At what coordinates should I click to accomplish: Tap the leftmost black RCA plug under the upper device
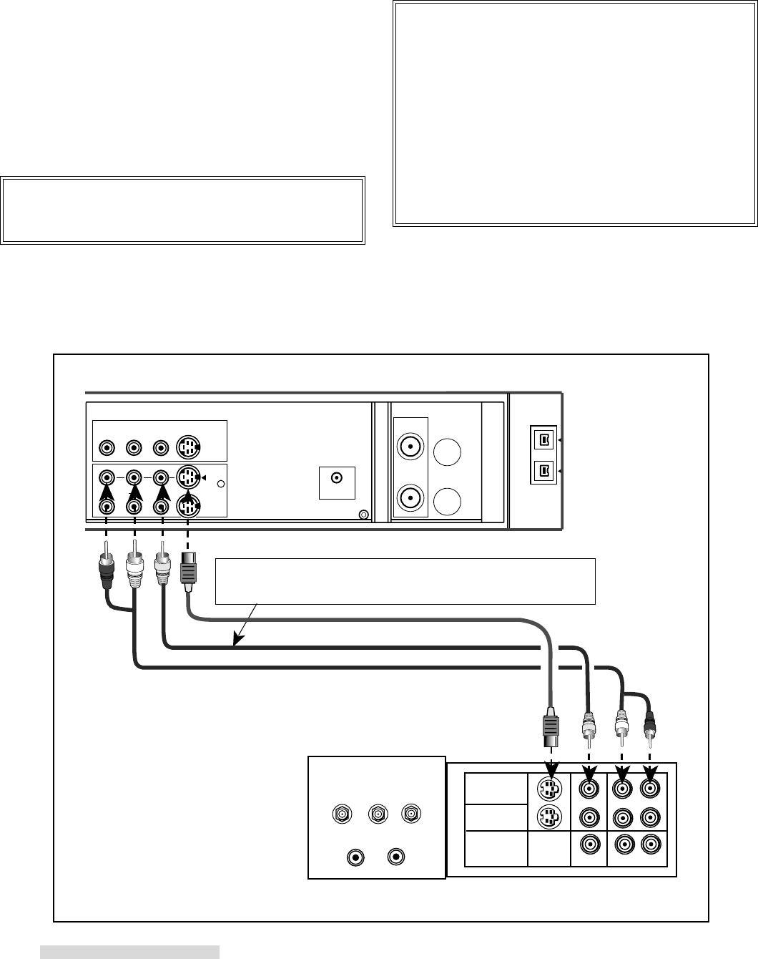pyautogui.click(x=106, y=565)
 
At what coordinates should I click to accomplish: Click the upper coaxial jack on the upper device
pyautogui.click(x=410, y=448)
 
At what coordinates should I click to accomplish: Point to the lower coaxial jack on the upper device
pyautogui.click(x=410, y=497)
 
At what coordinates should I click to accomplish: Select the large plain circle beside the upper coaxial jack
pyautogui.click(x=447, y=453)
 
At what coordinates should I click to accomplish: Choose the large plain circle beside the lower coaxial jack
pyautogui.click(x=447, y=500)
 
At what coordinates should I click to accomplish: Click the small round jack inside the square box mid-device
pyautogui.click(x=337, y=478)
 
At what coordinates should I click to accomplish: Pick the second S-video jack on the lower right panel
pyautogui.click(x=549, y=817)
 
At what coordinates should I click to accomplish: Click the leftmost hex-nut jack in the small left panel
pyautogui.click(x=342, y=814)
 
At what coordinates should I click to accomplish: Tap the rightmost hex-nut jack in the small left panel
pyautogui.click(x=410, y=814)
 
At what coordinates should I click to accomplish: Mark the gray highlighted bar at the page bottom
pyautogui.click(x=129, y=951)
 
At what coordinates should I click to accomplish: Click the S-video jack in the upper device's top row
pyautogui.click(x=187, y=448)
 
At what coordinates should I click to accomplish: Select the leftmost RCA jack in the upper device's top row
pyautogui.click(x=106, y=448)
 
